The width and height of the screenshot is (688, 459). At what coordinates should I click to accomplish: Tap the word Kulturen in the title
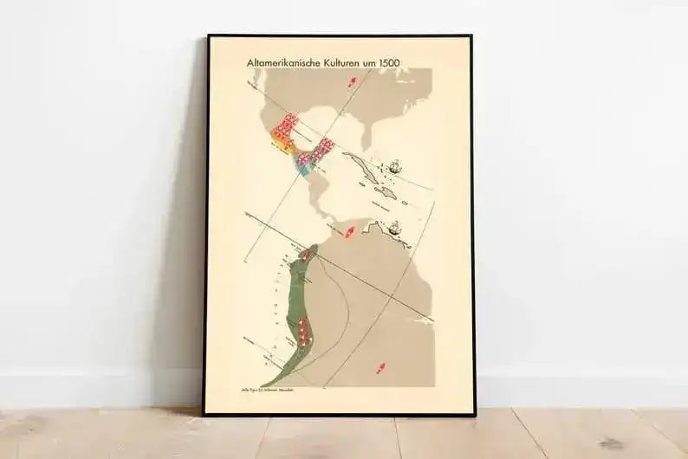358,63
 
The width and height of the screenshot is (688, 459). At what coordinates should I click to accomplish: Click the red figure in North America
352,82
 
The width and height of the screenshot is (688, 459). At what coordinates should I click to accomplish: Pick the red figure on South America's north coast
350,233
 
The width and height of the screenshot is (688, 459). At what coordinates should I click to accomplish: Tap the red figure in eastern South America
379,367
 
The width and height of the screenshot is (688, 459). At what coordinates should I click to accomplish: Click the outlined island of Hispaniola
386,192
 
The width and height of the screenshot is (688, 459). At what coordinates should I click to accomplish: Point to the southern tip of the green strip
263,385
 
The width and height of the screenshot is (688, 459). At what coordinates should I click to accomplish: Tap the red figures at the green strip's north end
301,257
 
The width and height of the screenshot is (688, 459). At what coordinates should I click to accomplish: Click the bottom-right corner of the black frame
473,415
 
